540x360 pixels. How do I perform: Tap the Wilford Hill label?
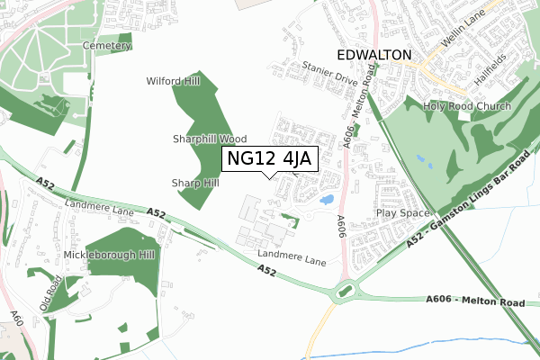pyautogui.click(x=174, y=81)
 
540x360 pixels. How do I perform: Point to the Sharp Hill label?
pyautogui.click(x=195, y=183)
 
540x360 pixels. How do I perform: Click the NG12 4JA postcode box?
pyautogui.click(x=269, y=158)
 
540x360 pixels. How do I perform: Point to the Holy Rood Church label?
pyautogui.click(x=468, y=106)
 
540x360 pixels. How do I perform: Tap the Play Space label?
pyautogui.click(x=402, y=213)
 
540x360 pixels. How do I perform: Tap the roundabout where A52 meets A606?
pyautogui.click(x=345, y=292)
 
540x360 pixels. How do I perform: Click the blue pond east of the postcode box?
pyautogui.click(x=328, y=198)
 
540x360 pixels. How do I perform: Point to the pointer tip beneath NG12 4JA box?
pyautogui.click(x=269, y=177)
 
